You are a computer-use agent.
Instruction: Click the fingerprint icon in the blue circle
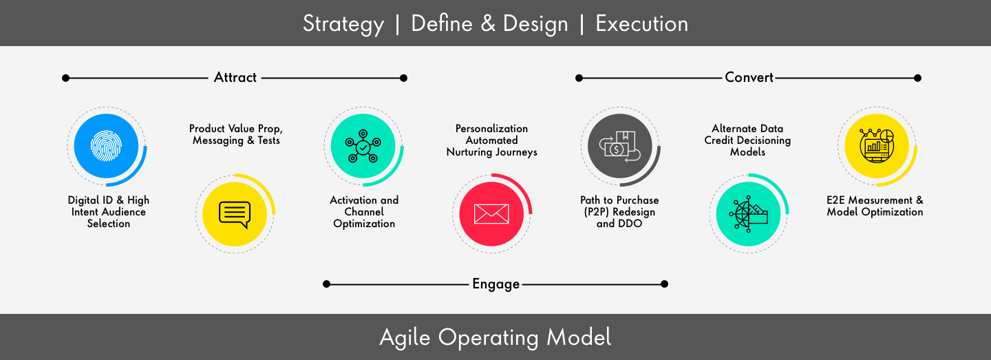[x=106, y=145]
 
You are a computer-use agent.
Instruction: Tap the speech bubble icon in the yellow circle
[x=235, y=215]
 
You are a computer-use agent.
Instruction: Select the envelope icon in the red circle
[x=491, y=214]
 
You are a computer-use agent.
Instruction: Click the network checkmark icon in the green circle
[x=363, y=146]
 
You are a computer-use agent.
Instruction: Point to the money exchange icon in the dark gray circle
[x=619, y=146]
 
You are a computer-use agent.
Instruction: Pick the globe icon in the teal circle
[x=748, y=214]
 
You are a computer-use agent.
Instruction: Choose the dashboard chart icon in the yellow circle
[x=877, y=145]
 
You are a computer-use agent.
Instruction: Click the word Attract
[x=235, y=77]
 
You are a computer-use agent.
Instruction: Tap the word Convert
[x=749, y=77]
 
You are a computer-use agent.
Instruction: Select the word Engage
[x=496, y=284]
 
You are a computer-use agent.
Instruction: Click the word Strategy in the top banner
[x=343, y=24]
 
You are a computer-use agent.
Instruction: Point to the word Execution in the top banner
[x=642, y=23]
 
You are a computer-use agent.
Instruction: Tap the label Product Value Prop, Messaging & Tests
[x=236, y=134]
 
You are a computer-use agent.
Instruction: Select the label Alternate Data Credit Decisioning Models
[x=747, y=140]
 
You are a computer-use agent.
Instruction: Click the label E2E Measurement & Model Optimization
[x=875, y=206]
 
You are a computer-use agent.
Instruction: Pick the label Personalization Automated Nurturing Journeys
[x=491, y=140]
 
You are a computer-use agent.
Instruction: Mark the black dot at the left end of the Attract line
[x=66, y=78]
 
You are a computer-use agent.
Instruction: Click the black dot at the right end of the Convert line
[x=917, y=78]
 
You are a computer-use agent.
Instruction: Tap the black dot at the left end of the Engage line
[x=326, y=284]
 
